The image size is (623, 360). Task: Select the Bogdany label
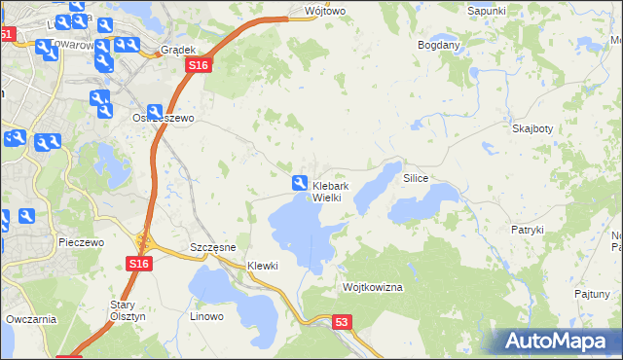coord(438,45)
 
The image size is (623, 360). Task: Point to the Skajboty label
coord(532,128)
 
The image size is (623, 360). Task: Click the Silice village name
coord(416,180)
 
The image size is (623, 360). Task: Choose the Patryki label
coord(527,230)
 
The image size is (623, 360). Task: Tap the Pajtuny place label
coord(592,293)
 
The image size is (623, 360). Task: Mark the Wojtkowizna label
coord(373,288)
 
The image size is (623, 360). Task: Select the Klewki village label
coord(263,266)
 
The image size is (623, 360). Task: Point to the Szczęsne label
coord(213,248)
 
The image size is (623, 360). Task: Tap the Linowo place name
coord(206,316)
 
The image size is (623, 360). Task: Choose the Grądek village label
coord(179,50)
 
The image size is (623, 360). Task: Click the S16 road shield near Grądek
coord(199,65)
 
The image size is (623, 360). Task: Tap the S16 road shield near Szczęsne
coord(138,263)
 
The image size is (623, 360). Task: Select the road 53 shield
coord(341,321)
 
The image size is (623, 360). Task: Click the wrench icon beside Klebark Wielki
coord(300,182)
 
